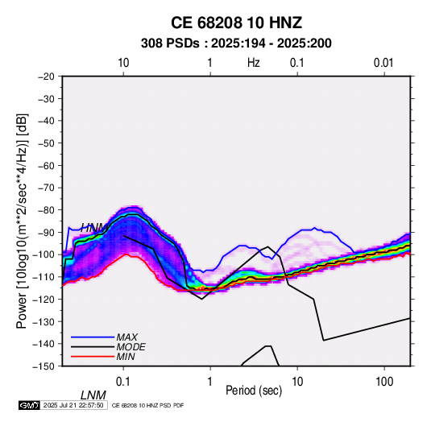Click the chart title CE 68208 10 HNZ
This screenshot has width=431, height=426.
(236, 23)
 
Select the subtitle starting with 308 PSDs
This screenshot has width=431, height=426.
(236, 43)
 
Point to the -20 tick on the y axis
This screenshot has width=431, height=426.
(46, 77)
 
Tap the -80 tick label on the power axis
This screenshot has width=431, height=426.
(46, 210)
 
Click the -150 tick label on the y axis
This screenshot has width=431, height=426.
(44, 366)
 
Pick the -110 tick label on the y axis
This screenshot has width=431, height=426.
(44, 277)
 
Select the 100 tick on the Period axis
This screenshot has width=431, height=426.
(384, 382)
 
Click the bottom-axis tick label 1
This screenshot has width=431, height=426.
(210, 382)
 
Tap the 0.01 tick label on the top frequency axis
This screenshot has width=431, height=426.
(383, 63)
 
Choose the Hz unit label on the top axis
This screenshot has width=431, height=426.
(254, 63)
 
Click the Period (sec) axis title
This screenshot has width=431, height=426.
(254, 391)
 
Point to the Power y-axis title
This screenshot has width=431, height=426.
(22, 221)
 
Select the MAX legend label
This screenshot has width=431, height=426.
(126, 337)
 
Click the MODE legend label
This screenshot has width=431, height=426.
(131, 347)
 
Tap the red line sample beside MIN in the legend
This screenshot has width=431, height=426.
(93, 357)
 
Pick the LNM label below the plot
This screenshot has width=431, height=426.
(93, 395)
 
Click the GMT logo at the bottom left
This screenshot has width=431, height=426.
(30, 405)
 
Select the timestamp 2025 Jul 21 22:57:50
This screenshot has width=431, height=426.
(73, 405)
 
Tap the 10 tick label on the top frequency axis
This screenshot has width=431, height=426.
(123, 63)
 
